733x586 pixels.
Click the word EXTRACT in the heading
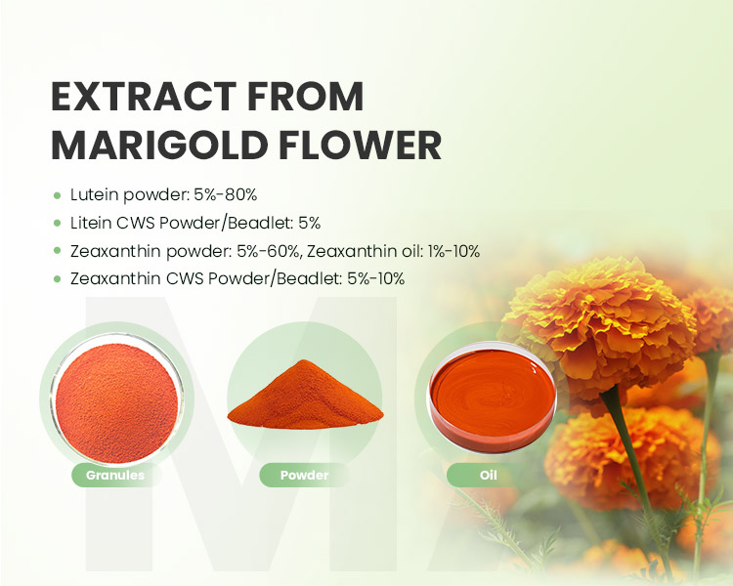(x=144, y=98)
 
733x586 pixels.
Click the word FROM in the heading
(x=306, y=98)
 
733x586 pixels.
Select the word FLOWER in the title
(x=360, y=145)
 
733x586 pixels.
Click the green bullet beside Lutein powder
(x=57, y=195)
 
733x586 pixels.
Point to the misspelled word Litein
(x=91, y=223)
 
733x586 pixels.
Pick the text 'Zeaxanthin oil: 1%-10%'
(x=394, y=251)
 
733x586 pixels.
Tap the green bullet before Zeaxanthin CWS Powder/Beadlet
(x=57, y=279)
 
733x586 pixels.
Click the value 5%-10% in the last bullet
(x=376, y=279)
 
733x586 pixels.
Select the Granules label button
(x=115, y=476)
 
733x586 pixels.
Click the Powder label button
(x=304, y=476)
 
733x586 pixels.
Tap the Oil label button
(x=488, y=476)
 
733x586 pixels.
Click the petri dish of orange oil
(x=493, y=398)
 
